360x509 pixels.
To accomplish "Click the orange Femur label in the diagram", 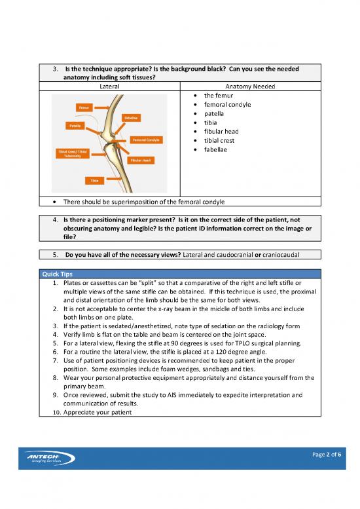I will click(x=84, y=106).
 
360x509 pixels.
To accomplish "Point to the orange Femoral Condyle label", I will click(x=147, y=140).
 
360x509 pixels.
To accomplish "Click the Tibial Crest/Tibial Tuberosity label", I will click(x=72, y=155).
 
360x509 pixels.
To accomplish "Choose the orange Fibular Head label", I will click(x=141, y=160).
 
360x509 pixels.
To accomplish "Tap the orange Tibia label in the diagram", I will click(x=95, y=179).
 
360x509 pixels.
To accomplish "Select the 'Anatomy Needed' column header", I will click(x=249, y=86).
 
